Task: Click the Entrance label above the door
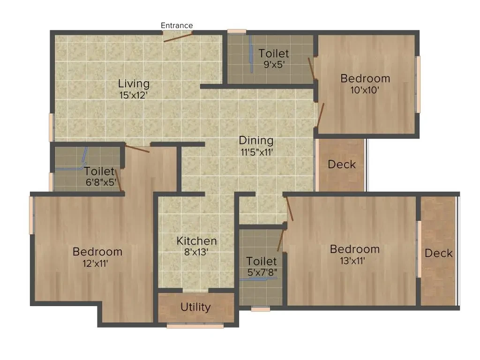pyautogui.click(x=177, y=25)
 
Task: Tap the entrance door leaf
pyautogui.click(x=178, y=37)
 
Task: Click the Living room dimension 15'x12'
pyautogui.click(x=134, y=95)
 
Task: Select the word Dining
pyautogui.click(x=256, y=141)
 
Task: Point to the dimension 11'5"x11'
pyautogui.click(x=256, y=152)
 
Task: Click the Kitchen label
pyautogui.click(x=196, y=241)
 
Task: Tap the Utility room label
pyautogui.click(x=195, y=307)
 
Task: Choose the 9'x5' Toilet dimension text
pyautogui.click(x=274, y=65)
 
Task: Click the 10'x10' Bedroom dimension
pyautogui.click(x=365, y=90)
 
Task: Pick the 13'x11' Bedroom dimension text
pyautogui.click(x=352, y=261)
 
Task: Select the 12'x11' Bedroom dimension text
pyautogui.click(x=95, y=263)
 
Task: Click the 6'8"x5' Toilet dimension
pyautogui.click(x=101, y=182)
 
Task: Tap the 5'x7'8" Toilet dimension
pyautogui.click(x=262, y=272)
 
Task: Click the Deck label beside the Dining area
pyautogui.click(x=342, y=165)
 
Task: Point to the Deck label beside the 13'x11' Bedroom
pyautogui.click(x=438, y=253)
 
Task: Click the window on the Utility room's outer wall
pyautogui.click(x=195, y=326)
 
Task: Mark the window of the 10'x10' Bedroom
pyautogui.click(x=418, y=84)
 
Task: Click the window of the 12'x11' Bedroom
pyautogui.click(x=31, y=215)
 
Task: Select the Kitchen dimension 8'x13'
pyautogui.click(x=196, y=252)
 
